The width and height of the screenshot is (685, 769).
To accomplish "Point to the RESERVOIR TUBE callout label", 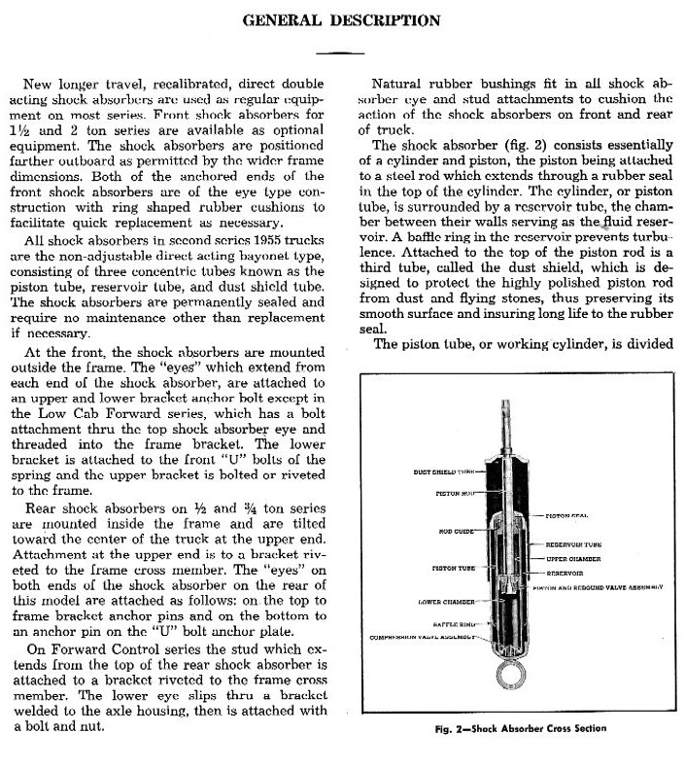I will [576, 545].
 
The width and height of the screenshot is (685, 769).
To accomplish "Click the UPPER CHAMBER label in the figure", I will [573, 560].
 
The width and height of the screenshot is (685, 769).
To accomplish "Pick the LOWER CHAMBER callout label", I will [445, 603].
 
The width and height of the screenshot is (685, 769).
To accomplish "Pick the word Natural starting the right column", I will [400, 83].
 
